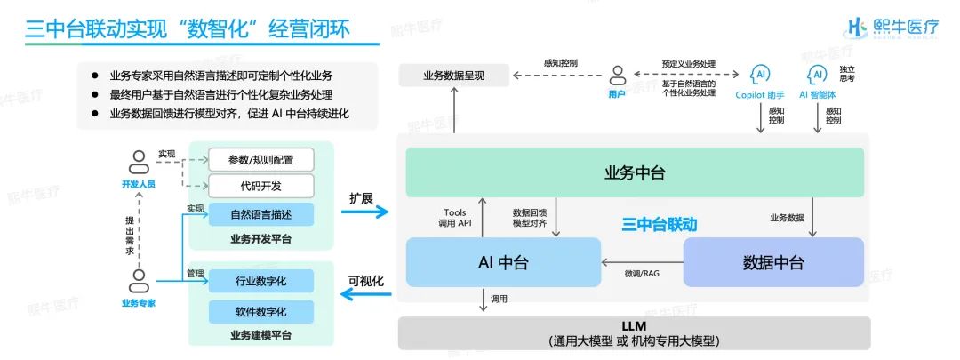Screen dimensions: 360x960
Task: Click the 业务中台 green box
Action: click(635, 172)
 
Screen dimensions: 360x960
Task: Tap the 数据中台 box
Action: click(772, 262)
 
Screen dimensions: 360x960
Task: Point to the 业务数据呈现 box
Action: click(453, 76)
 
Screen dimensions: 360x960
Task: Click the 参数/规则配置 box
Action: click(260, 160)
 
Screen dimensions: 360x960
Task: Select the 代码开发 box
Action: click(260, 186)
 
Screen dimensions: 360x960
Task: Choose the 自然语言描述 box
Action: click(260, 214)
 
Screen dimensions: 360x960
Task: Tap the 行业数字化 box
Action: click(260, 281)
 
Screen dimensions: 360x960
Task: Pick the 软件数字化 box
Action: click(260, 312)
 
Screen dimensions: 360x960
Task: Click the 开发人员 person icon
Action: click(138, 163)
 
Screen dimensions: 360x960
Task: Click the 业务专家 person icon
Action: click(138, 282)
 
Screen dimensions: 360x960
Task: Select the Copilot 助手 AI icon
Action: click(760, 74)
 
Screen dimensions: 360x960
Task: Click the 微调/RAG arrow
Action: click(641, 262)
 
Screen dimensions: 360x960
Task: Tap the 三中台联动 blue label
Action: click(659, 225)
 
